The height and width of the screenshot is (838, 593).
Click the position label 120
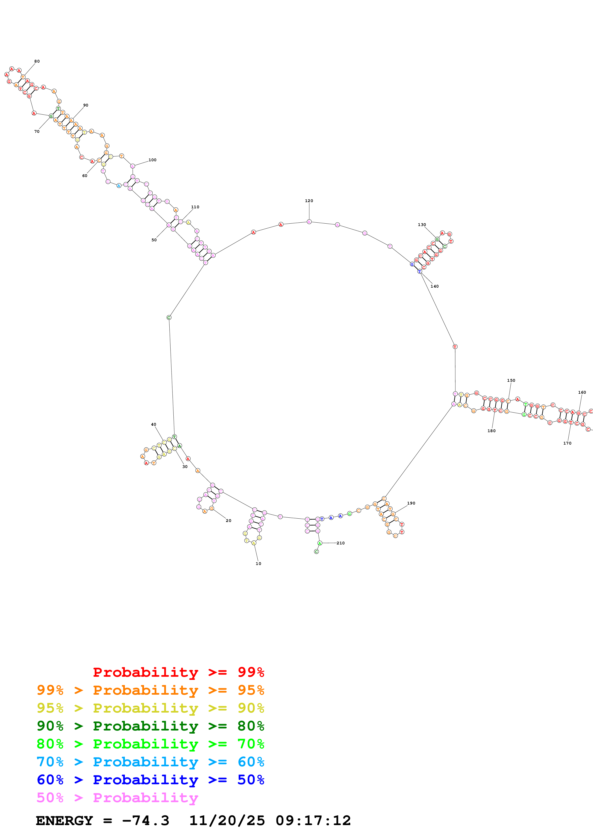[309, 201]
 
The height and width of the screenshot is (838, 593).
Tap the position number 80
[37, 61]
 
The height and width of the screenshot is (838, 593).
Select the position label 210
[341, 543]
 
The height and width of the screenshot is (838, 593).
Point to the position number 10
[258, 564]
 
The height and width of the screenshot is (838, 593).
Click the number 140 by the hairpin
[434, 286]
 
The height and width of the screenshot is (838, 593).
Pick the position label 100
[152, 160]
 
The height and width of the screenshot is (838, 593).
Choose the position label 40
[154, 424]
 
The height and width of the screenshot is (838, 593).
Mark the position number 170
[567, 443]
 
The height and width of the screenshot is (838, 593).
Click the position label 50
[154, 240]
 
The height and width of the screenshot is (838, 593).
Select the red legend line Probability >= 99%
[178, 672]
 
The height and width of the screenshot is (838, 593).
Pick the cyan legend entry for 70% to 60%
[150, 762]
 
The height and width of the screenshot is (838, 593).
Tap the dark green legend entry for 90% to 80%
[150, 726]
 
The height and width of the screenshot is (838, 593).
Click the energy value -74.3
[145, 821]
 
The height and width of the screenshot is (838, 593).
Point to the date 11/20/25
[227, 821]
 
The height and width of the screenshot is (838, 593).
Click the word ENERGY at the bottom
[64, 821]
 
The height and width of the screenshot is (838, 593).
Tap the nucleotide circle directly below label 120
[309, 221]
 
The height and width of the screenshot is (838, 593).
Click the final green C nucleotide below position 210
[316, 552]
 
